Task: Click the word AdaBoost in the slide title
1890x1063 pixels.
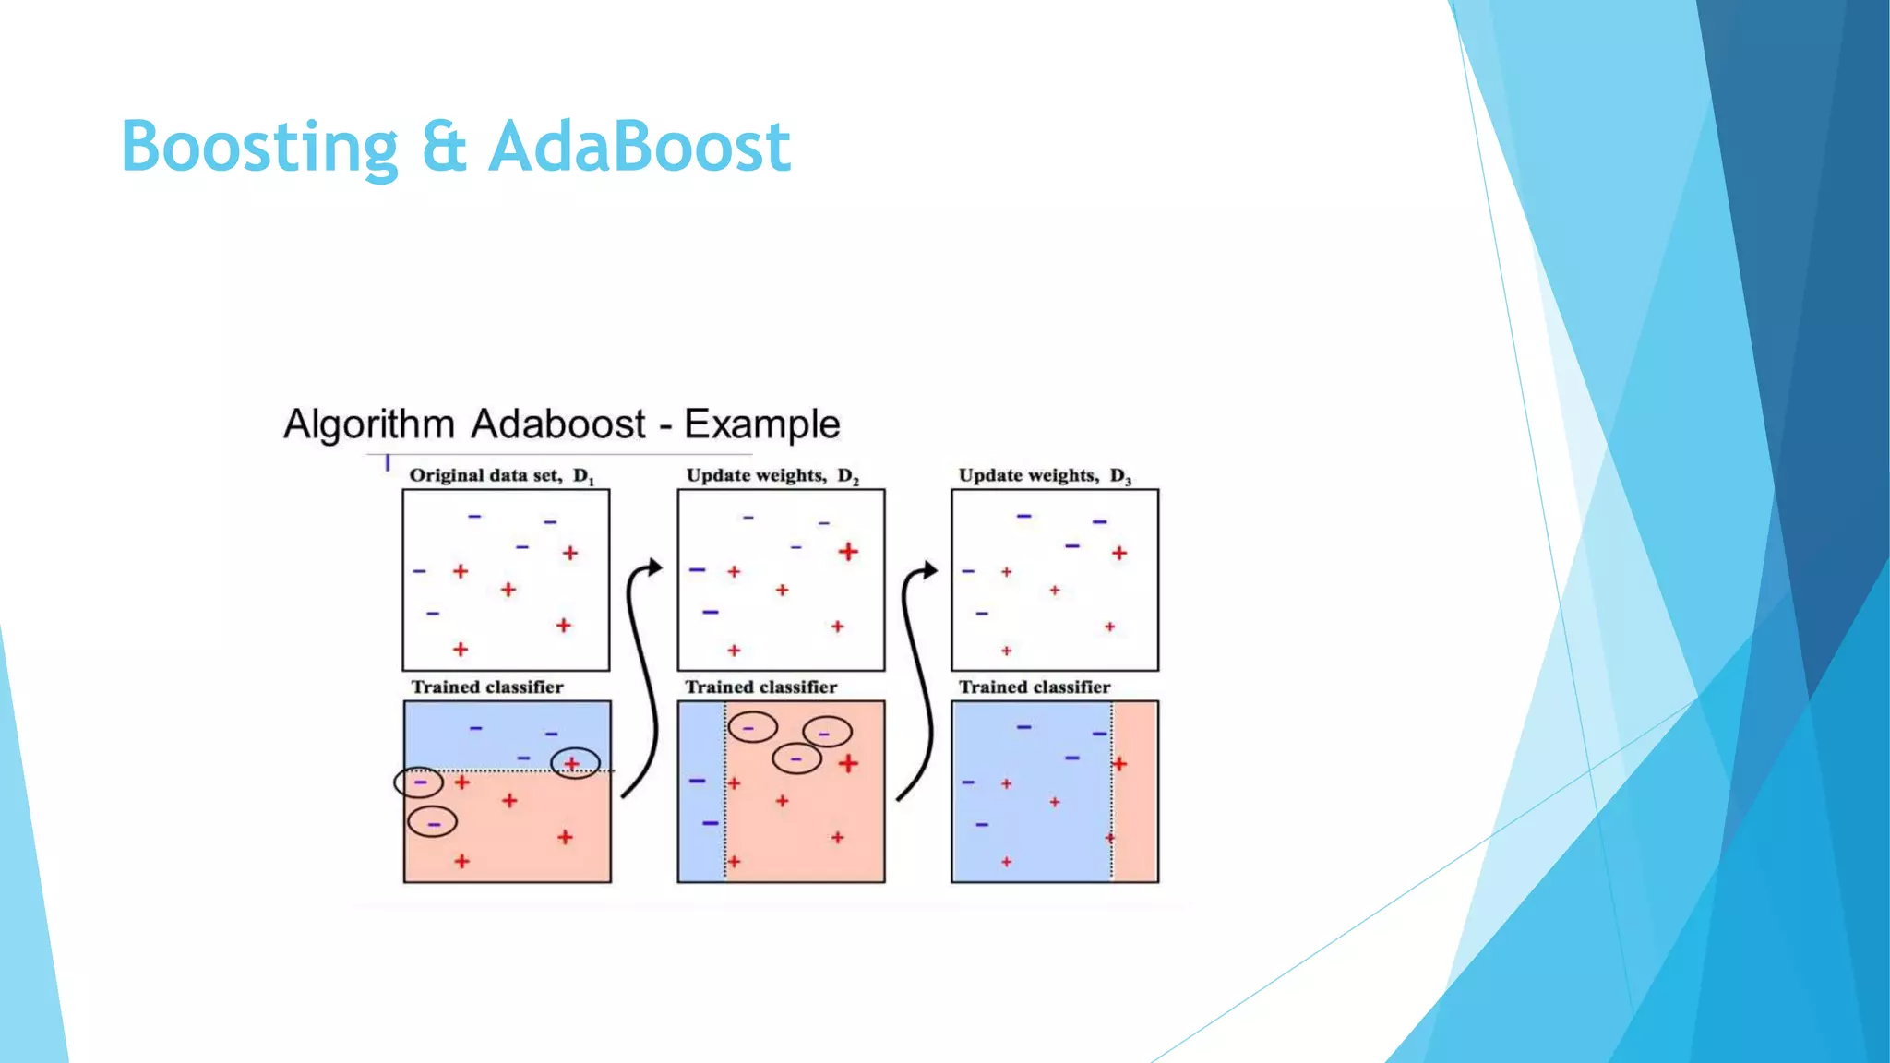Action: [639, 148]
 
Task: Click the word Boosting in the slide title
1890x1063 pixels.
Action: [259, 148]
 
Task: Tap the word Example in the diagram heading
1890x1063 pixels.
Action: [761, 424]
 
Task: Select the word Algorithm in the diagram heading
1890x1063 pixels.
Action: [368, 424]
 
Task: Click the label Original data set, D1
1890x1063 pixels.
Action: [501, 475]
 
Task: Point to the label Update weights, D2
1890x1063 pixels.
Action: [772, 475]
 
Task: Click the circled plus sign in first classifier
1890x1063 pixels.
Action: [573, 763]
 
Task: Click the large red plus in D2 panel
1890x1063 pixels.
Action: [848, 552]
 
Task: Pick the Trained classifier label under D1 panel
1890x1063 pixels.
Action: [486, 687]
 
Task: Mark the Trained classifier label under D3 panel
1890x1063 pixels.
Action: [1034, 687]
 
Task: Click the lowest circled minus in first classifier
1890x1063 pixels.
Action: [433, 822]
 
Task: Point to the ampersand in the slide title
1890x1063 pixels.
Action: [444, 148]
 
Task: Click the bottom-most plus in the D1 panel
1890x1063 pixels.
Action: [461, 650]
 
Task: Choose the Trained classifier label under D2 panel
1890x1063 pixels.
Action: [760, 687]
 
